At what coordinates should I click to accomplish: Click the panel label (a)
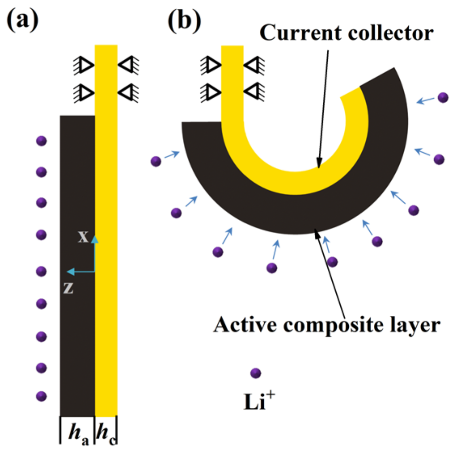point(23,20)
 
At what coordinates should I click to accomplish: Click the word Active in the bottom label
point(244,325)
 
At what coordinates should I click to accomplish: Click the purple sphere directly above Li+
point(256,373)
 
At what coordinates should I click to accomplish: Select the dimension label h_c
point(106,433)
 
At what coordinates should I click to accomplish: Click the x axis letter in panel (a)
point(83,236)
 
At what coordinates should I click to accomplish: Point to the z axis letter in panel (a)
point(68,288)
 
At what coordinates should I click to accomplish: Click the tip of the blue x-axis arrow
point(95,238)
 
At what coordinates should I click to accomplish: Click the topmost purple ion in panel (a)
point(41,141)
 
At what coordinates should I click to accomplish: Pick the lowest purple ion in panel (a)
point(41,396)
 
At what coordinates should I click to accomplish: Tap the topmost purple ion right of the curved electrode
point(443,97)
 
